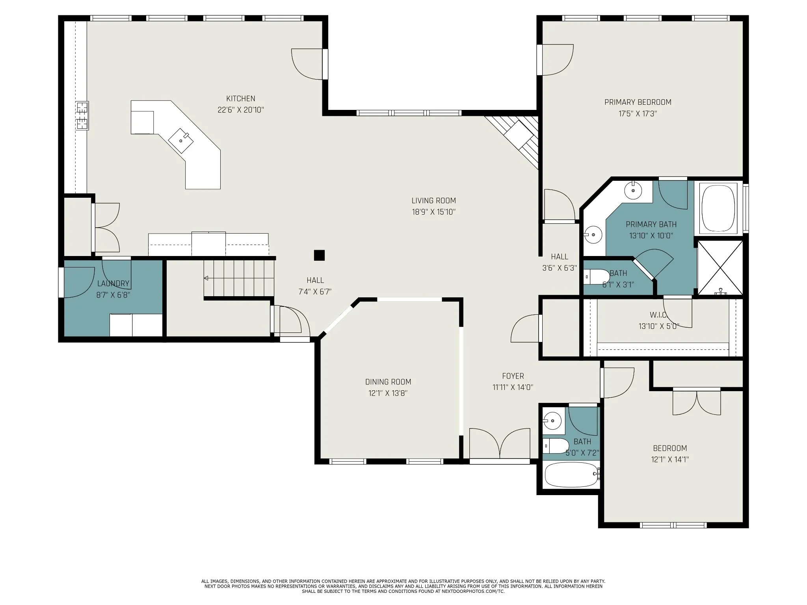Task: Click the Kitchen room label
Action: click(240, 98)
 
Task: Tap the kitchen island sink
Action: click(181, 141)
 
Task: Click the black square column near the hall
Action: click(319, 255)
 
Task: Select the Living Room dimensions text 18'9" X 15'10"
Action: click(433, 212)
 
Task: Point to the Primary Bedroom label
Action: click(638, 102)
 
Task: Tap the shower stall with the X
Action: click(720, 267)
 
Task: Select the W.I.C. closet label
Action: click(658, 315)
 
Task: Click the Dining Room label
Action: click(388, 382)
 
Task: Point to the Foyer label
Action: click(513, 376)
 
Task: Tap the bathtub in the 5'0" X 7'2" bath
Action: click(572, 475)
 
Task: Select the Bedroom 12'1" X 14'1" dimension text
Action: click(670, 459)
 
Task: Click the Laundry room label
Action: click(113, 284)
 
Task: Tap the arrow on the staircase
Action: click(206, 278)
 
